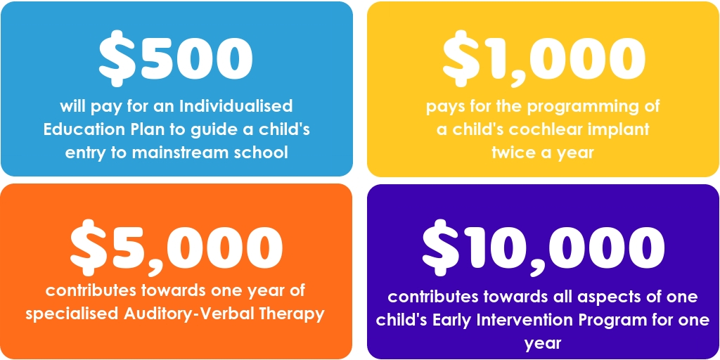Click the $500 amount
coord(176,59)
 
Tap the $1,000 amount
coord(544,59)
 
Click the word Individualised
coord(236,106)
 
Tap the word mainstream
coord(184,153)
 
